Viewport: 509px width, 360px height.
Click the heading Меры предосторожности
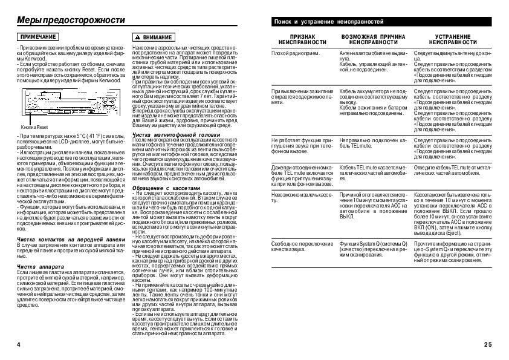70,20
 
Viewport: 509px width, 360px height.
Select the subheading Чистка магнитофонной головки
172,134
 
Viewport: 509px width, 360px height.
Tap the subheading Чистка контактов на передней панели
71,240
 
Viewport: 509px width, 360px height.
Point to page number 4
19,344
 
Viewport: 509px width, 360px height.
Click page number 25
488,344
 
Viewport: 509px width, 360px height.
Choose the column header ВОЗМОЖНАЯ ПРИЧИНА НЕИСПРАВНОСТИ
373,40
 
